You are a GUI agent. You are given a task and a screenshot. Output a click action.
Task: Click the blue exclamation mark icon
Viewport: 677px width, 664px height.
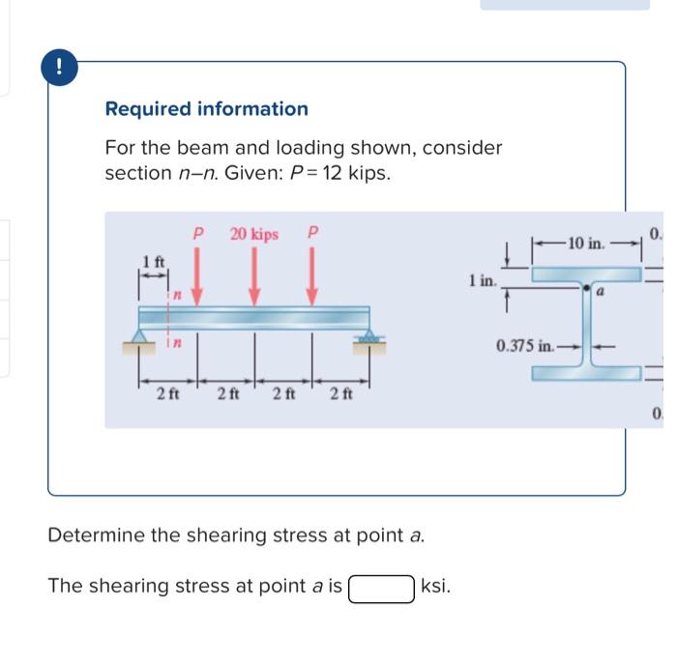60,67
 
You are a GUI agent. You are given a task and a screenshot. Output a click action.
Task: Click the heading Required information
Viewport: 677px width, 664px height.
206,109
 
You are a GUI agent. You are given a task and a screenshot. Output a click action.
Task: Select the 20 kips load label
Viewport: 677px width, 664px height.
253,234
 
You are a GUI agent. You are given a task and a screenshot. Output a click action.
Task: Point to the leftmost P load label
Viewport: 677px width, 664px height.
197,234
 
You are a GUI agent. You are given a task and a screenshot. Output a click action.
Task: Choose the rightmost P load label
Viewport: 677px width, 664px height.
311,234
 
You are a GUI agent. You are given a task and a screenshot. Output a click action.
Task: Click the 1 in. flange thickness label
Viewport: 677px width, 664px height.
481,281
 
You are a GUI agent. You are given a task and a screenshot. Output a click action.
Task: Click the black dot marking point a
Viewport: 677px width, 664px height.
586,288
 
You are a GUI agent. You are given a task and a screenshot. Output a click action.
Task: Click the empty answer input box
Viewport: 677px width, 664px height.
383,587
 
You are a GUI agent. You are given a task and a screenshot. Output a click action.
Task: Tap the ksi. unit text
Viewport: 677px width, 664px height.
436,587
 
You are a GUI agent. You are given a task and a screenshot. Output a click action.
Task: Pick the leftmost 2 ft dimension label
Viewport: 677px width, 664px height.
169,393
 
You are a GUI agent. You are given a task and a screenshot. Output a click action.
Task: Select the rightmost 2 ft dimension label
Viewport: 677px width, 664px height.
340,393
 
